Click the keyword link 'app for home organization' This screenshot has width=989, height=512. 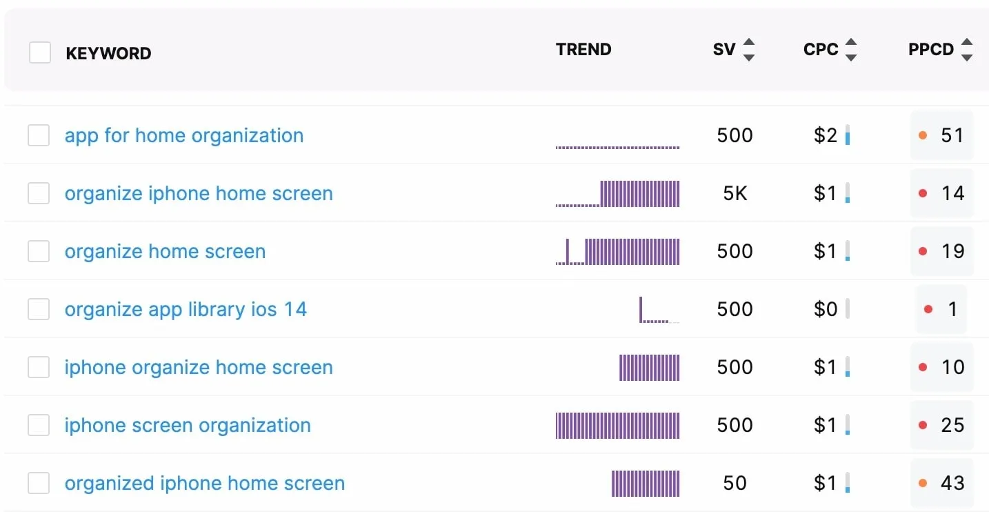(x=183, y=135)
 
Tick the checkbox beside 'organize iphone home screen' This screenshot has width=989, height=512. (x=39, y=193)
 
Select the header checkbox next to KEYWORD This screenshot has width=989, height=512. (x=40, y=52)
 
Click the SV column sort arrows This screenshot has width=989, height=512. (x=748, y=50)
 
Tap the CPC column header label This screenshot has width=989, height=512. (x=821, y=50)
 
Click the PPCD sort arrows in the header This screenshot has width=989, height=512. (x=966, y=50)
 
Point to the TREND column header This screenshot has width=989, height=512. (x=583, y=50)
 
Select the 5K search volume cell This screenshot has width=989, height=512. (x=735, y=193)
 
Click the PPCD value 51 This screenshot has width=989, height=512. (x=952, y=135)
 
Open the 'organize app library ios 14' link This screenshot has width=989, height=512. (x=186, y=309)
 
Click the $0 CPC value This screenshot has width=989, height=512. (x=825, y=309)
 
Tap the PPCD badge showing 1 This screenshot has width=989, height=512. (x=941, y=309)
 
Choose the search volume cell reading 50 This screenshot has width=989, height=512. (x=735, y=483)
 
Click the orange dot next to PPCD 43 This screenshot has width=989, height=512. (x=923, y=483)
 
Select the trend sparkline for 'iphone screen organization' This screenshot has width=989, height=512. (x=617, y=425)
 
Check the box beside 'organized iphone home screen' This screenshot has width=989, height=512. (x=39, y=483)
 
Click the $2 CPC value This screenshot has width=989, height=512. (x=825, y=135)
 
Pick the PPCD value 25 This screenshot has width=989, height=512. (x=952, y=425)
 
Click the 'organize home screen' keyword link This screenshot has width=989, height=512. (x=165, y=251)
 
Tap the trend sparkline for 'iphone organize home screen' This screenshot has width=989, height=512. (x=649, y=367)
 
